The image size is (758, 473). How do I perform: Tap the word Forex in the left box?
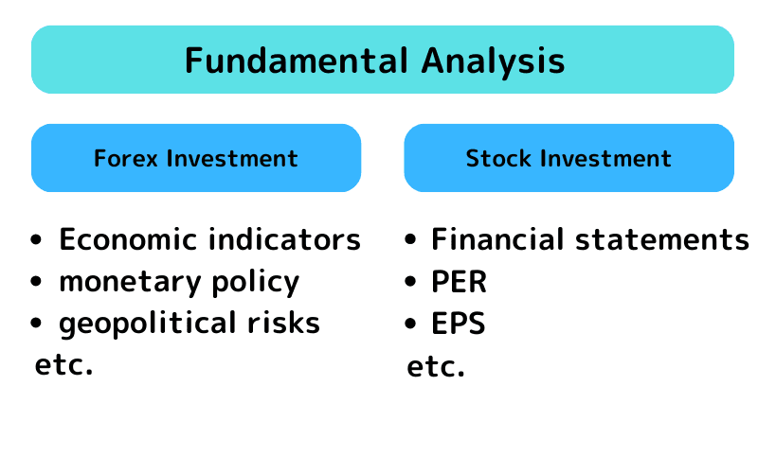[x=126, y=158]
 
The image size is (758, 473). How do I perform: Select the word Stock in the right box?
[x=498, y=158]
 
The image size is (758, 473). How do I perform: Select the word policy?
[x=255, y=282]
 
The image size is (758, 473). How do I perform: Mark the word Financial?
[x=497, y=240]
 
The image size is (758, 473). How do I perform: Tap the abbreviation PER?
[x=459, y=282]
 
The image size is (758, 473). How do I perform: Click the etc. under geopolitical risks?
[x=63, y=365]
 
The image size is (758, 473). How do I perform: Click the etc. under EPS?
[x=436, y=367]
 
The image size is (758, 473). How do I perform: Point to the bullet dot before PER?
[x=410, y=283]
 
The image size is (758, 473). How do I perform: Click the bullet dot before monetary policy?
[x=37, y=283]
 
